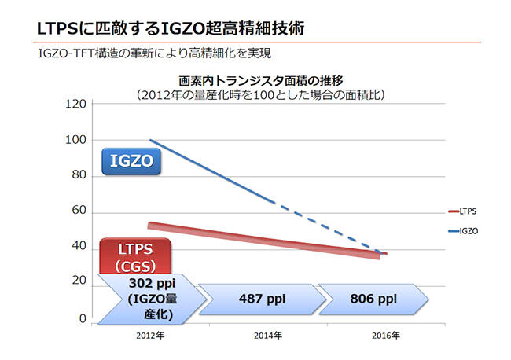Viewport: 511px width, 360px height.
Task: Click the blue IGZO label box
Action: click(131, 162)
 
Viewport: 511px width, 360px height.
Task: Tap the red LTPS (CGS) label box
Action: click(135, 256)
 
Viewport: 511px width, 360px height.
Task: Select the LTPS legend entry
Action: click(462, 211)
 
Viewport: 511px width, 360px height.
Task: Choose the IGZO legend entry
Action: click(463, 231)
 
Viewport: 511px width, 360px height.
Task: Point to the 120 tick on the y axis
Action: click(76, 105)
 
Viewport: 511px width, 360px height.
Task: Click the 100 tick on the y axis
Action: click(76, 140)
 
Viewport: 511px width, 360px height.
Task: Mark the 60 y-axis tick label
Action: click(79, 211)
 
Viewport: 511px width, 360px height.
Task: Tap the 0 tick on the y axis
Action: click(83, 318)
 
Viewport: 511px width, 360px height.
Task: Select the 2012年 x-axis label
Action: click(150, 336)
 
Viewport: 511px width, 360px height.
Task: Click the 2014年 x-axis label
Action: click(268, 336)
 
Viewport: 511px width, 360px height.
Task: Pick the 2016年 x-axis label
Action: click(386, 336)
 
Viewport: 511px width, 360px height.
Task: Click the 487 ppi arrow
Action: click(263, 299)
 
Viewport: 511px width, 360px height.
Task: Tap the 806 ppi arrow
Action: click(373, 299)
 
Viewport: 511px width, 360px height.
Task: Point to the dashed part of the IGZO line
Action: click(329, 228)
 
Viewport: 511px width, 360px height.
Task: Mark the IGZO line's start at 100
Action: click(150, 140)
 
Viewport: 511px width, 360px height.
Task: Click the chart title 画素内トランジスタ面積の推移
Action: click(261, 81)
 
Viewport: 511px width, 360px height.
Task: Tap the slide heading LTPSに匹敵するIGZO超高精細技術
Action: click(171, 28)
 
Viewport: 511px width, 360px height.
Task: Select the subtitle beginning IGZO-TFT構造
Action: click(155, 53)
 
